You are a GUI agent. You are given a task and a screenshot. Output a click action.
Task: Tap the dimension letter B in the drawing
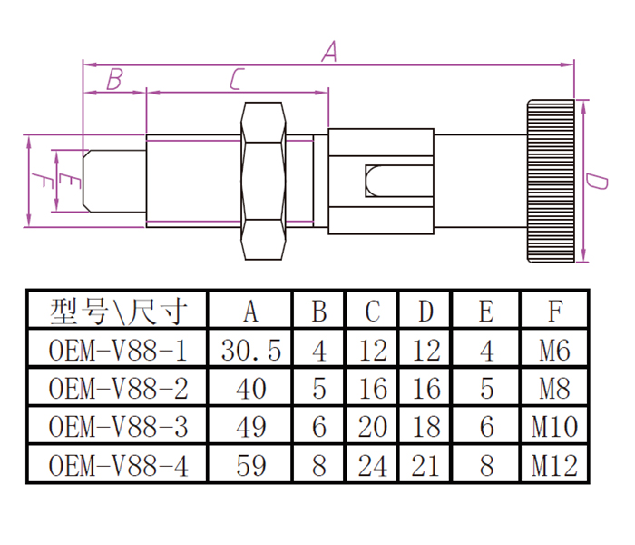(x=113, y=80)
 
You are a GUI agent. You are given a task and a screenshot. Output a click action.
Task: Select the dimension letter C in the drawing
(x=235, y=80)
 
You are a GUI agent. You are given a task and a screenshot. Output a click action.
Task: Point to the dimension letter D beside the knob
(x=596, y=181)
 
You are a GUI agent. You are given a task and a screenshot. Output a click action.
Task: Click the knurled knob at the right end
(x=550, y=181)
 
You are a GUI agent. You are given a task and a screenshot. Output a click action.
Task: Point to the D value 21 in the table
(x=425, y=466)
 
